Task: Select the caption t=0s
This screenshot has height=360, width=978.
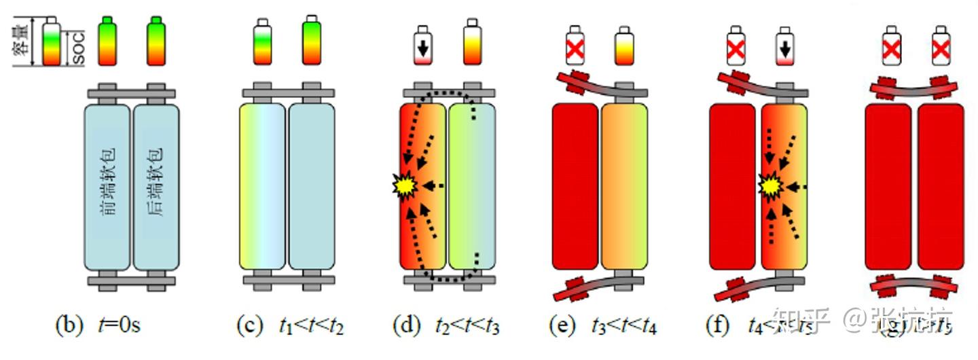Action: [x=119, y=326]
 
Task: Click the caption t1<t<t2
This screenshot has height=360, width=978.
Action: [x=312, y=327]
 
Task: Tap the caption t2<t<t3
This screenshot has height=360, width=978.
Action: [x=467, y=327]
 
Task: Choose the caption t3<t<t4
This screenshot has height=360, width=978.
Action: [x=623, y=327]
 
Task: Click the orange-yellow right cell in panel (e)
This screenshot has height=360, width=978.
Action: [x=623, y=187]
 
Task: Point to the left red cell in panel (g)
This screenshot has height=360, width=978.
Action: [x=888, y=187]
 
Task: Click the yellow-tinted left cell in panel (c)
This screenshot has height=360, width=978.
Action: [x=263, y=187]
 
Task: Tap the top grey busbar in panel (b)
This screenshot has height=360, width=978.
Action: [x=131, y=92]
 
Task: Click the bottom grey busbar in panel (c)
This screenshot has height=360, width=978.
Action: [x=289, y=279]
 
